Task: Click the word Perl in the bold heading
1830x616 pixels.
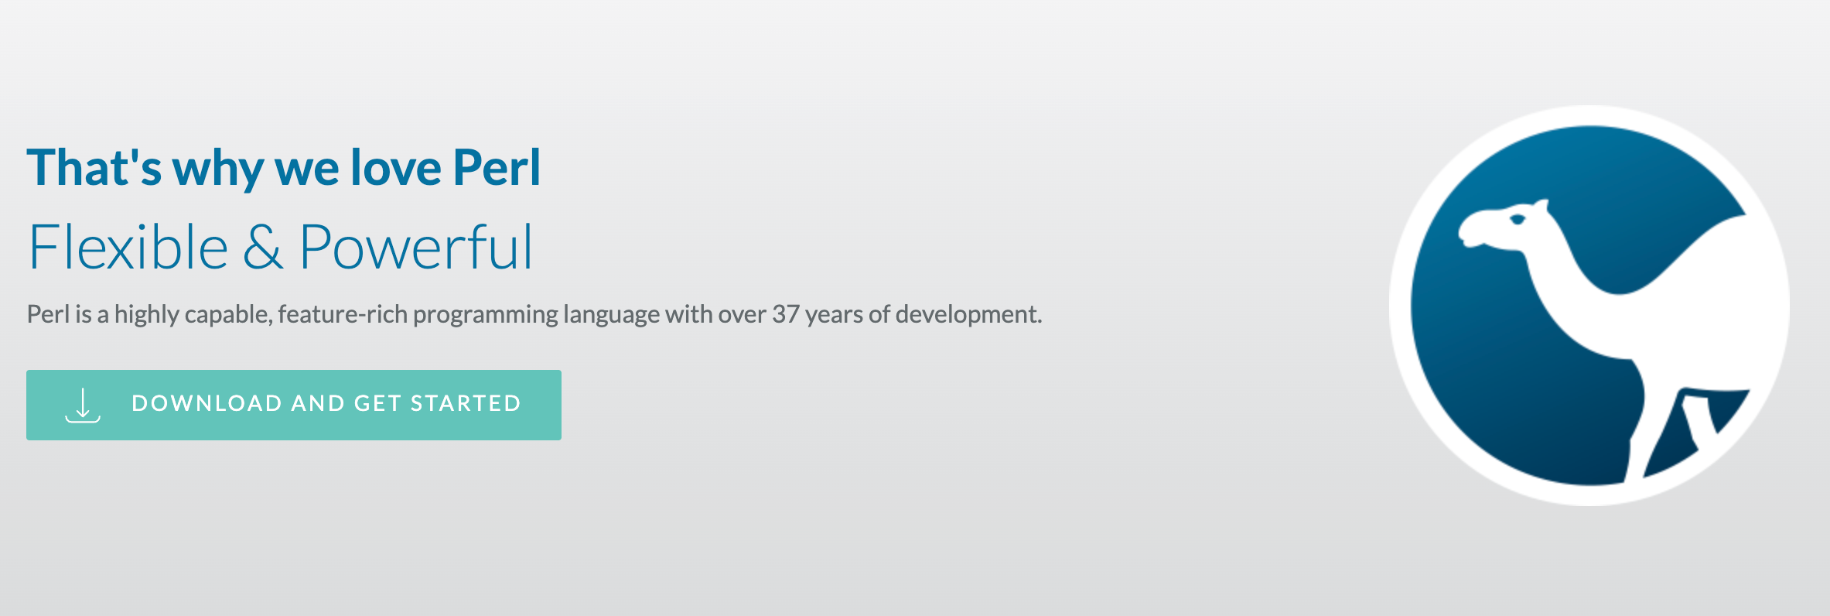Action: coord(497,168)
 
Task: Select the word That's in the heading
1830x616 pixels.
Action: coord(94,168)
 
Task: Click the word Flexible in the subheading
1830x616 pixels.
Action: coord(128,248)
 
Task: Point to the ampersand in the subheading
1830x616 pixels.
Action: coord(263,248)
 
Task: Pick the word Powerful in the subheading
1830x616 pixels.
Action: coord(416,248)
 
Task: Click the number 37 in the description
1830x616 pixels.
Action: coord(785,314)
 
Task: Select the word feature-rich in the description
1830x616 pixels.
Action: coord(342,314)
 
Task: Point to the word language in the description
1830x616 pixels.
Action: coord(611,315)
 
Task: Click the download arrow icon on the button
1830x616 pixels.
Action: coord(83,405)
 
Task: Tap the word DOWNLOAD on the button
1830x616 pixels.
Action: coord(207,403)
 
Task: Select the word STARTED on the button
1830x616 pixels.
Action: coord(466,403)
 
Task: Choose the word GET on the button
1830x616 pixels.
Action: coord(377,403)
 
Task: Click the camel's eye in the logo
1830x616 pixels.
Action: coord(1518,220)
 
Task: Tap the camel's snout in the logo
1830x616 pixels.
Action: coord(1469,231)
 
